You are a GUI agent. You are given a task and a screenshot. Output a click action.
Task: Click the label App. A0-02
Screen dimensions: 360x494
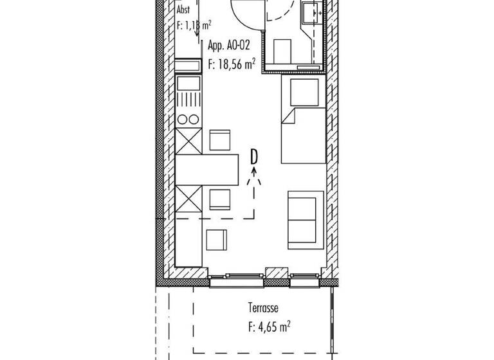[x=228, y=46]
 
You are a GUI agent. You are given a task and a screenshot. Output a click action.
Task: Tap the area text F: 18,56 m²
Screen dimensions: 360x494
[x=232, y=63]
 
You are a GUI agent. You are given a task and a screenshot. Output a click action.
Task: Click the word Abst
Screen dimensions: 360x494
[x=183, y=10]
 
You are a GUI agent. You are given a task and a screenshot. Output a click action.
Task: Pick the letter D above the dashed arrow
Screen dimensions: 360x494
[x=254, y=156]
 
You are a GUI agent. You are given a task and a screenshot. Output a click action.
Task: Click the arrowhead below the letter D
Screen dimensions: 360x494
[x=254, y=171]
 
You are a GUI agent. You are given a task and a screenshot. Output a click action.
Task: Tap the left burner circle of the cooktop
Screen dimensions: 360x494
[x=183, y=119]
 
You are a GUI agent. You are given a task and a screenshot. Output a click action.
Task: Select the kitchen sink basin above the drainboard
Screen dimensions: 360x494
[x=188, y=82]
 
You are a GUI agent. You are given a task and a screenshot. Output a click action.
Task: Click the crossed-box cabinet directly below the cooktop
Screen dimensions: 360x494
[x=188, y=140]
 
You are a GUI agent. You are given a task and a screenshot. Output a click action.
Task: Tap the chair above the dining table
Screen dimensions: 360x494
[x=220, y=140]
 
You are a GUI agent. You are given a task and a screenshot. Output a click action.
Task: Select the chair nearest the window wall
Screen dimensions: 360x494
[x=216, y=240]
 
